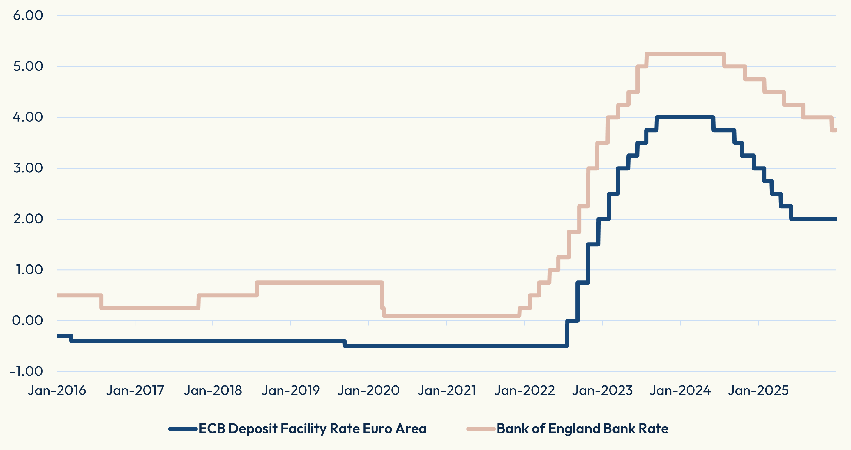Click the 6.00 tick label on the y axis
pyautogui.click(x=28, y=15)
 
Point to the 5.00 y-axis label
pyautogui.click(x=28, y=66)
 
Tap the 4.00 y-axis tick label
pyautogui.click(x=28, y=117)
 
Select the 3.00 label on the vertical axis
pyautogui.click(x=28, y=168)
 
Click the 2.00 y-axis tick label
pyautogui.click(x=28, y=219)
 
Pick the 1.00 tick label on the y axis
pyautogui.click(x=29, y=270)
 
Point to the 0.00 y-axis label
pyautogui.click(x=28, y=321)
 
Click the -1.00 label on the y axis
pyautogui.click(x=27, y=371)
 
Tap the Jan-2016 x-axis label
pyautogui.click(x=57, y=391)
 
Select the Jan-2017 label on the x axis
pyautogui.click(x=135, y=391)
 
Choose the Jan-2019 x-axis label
pyautogui.click(x=291, y=391)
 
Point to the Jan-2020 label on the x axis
pyautogui.click(x=369, y=391)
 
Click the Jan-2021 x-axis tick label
pyautogui.click(x=447, y=391)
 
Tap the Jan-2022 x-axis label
pyautogui.click(x=525, y=391)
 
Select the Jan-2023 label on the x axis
pyautogui.click(x=603, y=391)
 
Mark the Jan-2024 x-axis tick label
pyautogui.click(x=680, y=391)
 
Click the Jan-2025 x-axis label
pyautogui.click(x=758, y=391)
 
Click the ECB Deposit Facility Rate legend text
pyautogui.click(x=312, y=429)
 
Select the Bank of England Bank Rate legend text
pyautogui.click(x=582, y=429)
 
